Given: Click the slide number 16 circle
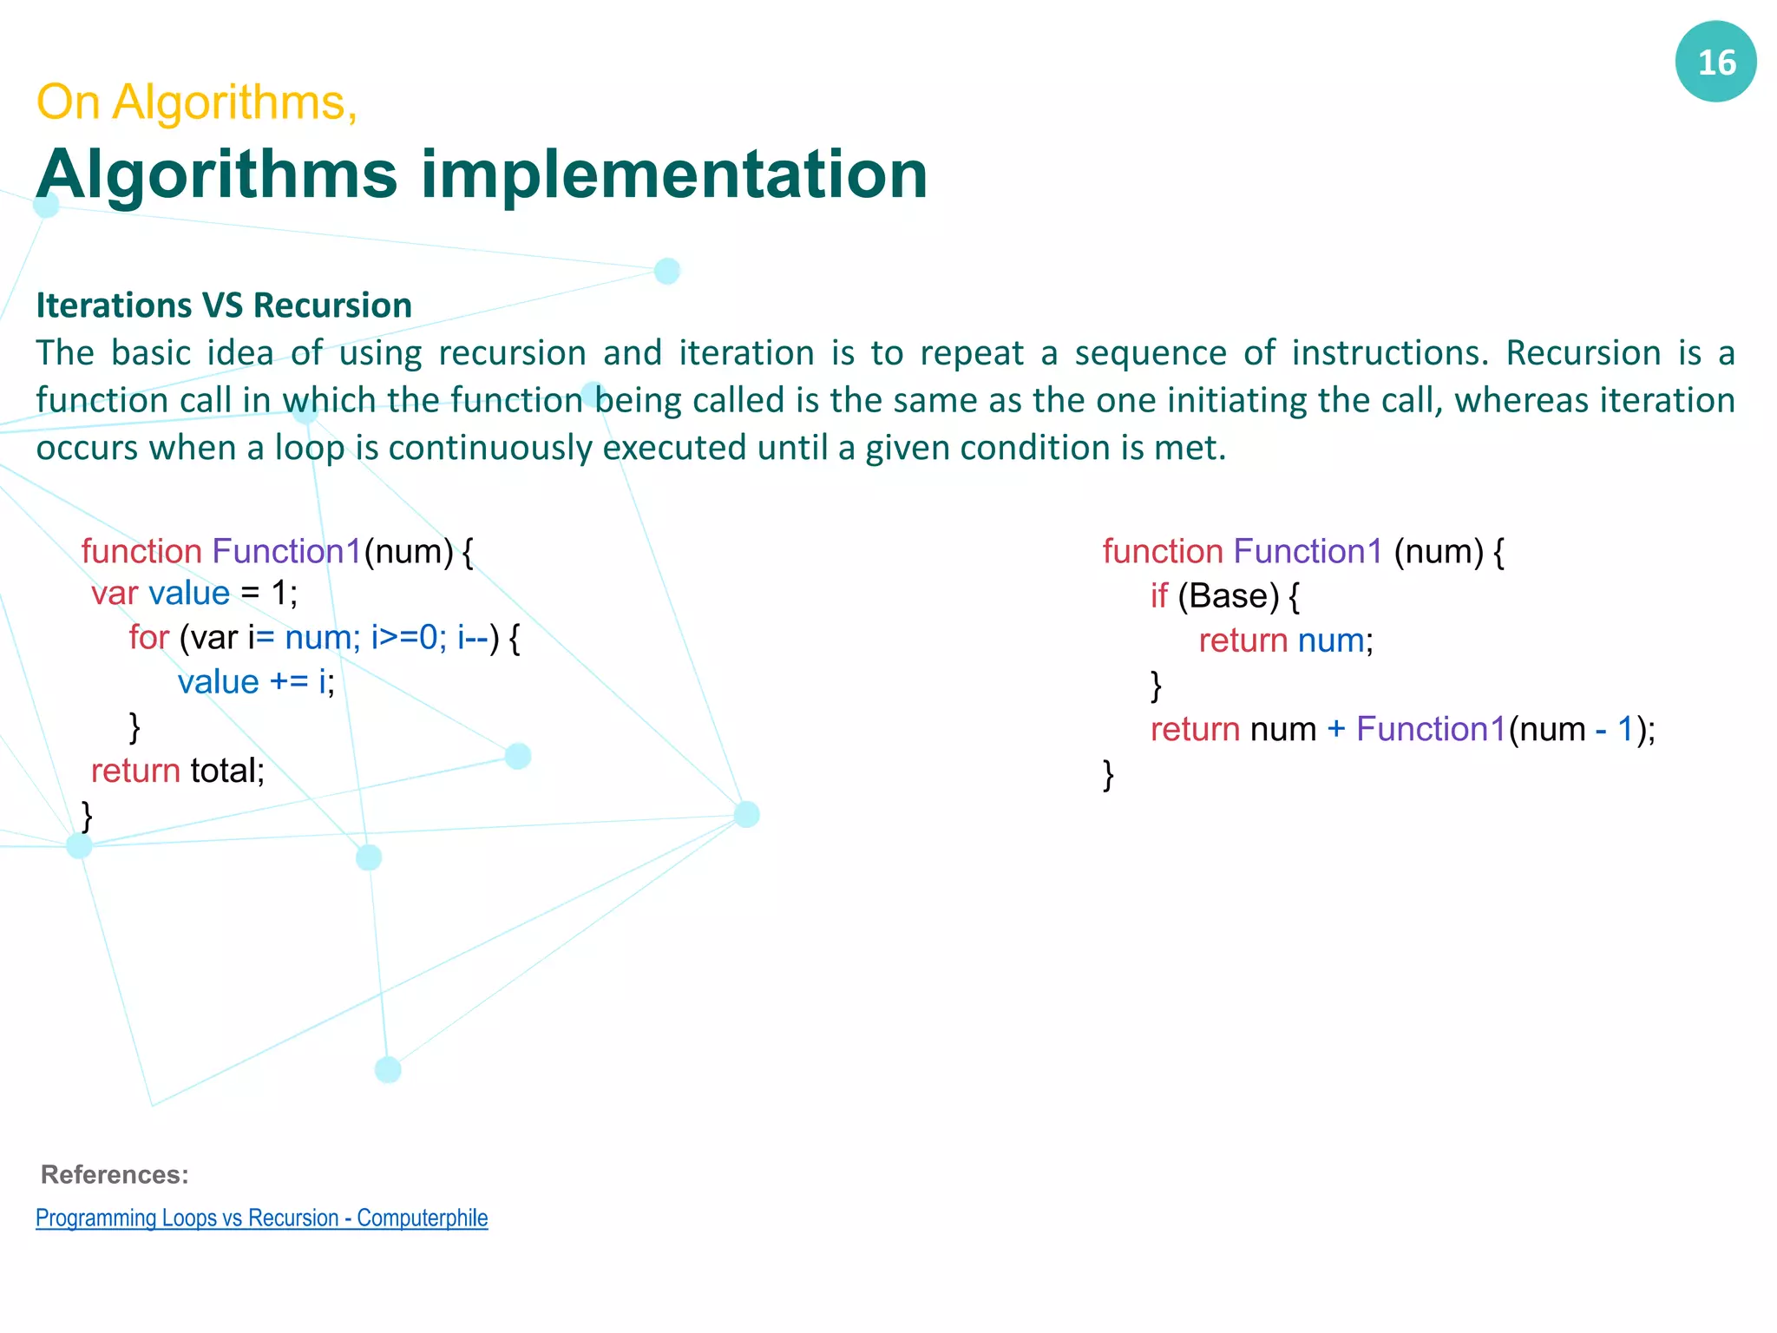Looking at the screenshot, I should tap(1715, 62).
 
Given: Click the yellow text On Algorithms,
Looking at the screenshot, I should tap(196, 102).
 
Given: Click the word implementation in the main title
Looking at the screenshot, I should tap(674, 174).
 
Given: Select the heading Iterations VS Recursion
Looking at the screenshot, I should tap(224, 305).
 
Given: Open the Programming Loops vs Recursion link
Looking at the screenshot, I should tap(261, 1218).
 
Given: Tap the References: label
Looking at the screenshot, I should tap(115, 1174).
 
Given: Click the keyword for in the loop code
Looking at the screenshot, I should tap(148, 637).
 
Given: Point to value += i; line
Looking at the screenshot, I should tap(256, 682).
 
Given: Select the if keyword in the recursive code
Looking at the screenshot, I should tap(1159, 596).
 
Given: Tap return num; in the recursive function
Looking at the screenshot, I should tap(1286, 640).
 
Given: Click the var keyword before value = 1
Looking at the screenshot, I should tap(114, 594).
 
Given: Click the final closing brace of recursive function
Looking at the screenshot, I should tap(1108, 773).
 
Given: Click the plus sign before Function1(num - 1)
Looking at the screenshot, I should tap(1336, 729).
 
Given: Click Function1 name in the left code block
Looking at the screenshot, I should tap(286, 552).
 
